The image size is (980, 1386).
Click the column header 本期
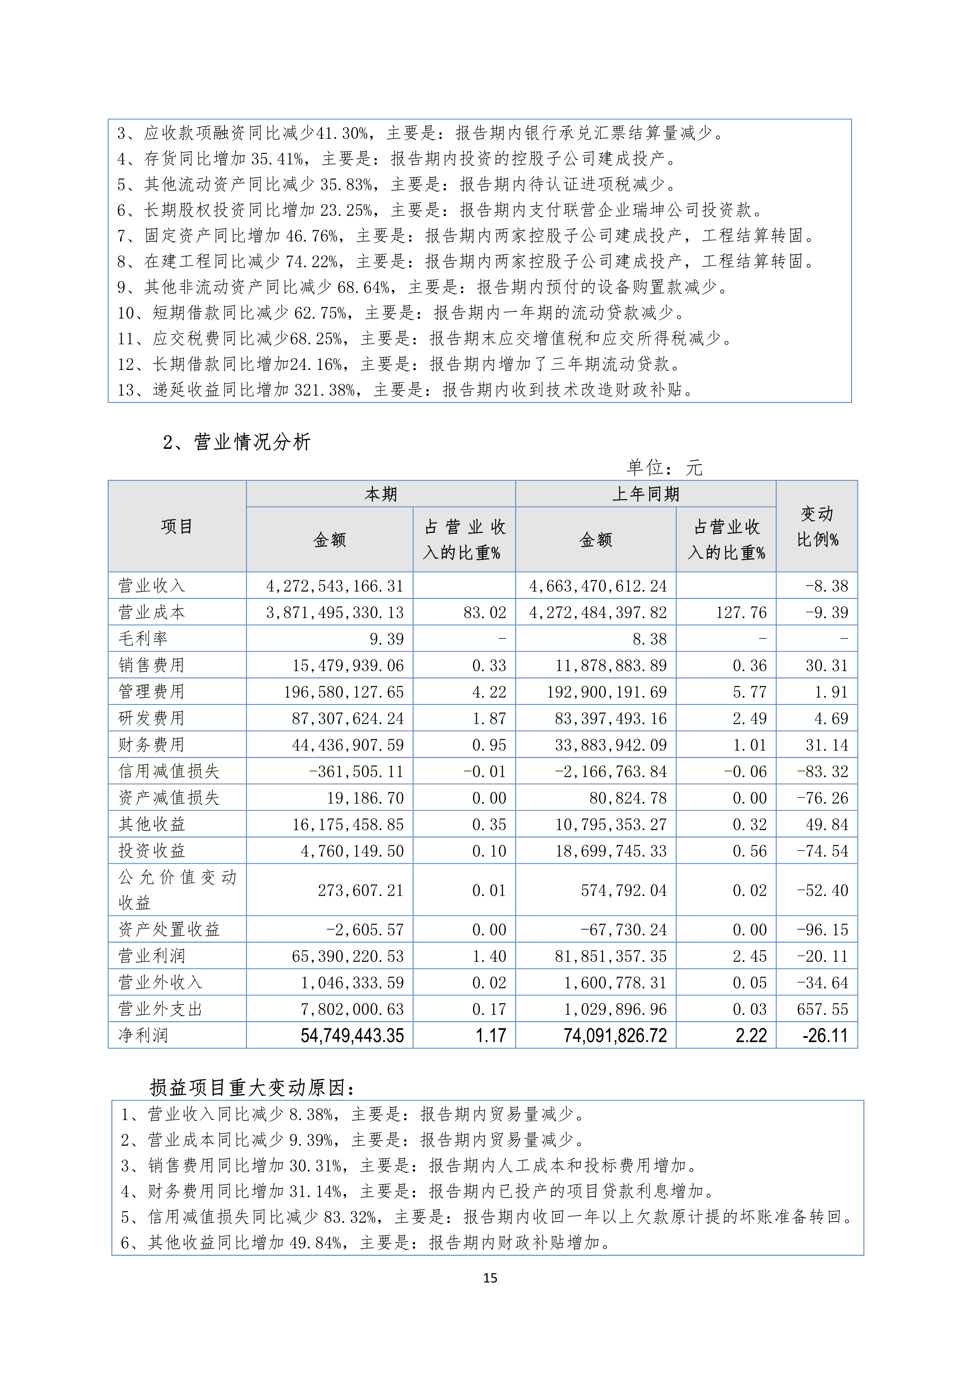(381, 494)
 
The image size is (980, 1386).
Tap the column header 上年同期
(645, 494)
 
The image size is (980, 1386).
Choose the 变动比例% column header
(816, 526)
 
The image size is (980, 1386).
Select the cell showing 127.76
(741, 613)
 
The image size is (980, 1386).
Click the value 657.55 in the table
(822, 1009)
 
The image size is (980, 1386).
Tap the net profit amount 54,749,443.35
(352, 1036)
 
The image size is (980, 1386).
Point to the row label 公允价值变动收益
(177, 890)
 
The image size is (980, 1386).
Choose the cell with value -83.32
(822, 772)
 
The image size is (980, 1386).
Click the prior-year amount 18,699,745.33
(611, 851)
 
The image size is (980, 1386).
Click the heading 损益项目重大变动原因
(251, 1088)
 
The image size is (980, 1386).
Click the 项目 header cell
(177, 526)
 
